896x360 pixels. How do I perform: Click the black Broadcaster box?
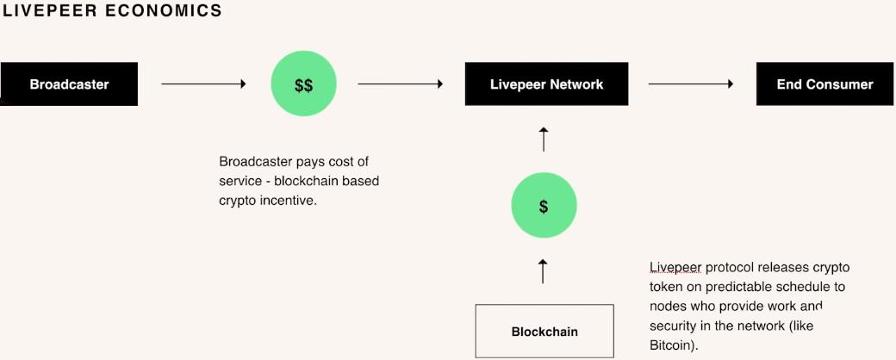pos(69,84)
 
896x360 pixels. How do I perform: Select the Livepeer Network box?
pos(546,84)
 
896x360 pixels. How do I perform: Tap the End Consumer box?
pos(824,84)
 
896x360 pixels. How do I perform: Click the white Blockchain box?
pos(544,332)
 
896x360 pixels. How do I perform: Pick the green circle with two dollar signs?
pos(303,85)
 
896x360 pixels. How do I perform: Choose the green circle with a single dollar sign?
pos(544,207)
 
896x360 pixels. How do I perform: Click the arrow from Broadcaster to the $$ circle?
pos(203,84)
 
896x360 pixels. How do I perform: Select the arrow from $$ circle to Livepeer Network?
pos(400,84)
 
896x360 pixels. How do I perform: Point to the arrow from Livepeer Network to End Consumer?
pos(690,84)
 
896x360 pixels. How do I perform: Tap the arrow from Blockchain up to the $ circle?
pos(543,270)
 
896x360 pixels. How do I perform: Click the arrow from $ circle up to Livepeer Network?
pos(543,139)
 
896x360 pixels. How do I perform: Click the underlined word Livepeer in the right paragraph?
pos(675,267)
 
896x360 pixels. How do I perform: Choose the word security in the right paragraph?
pos(676,326)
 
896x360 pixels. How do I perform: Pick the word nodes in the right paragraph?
pos(668,307)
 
